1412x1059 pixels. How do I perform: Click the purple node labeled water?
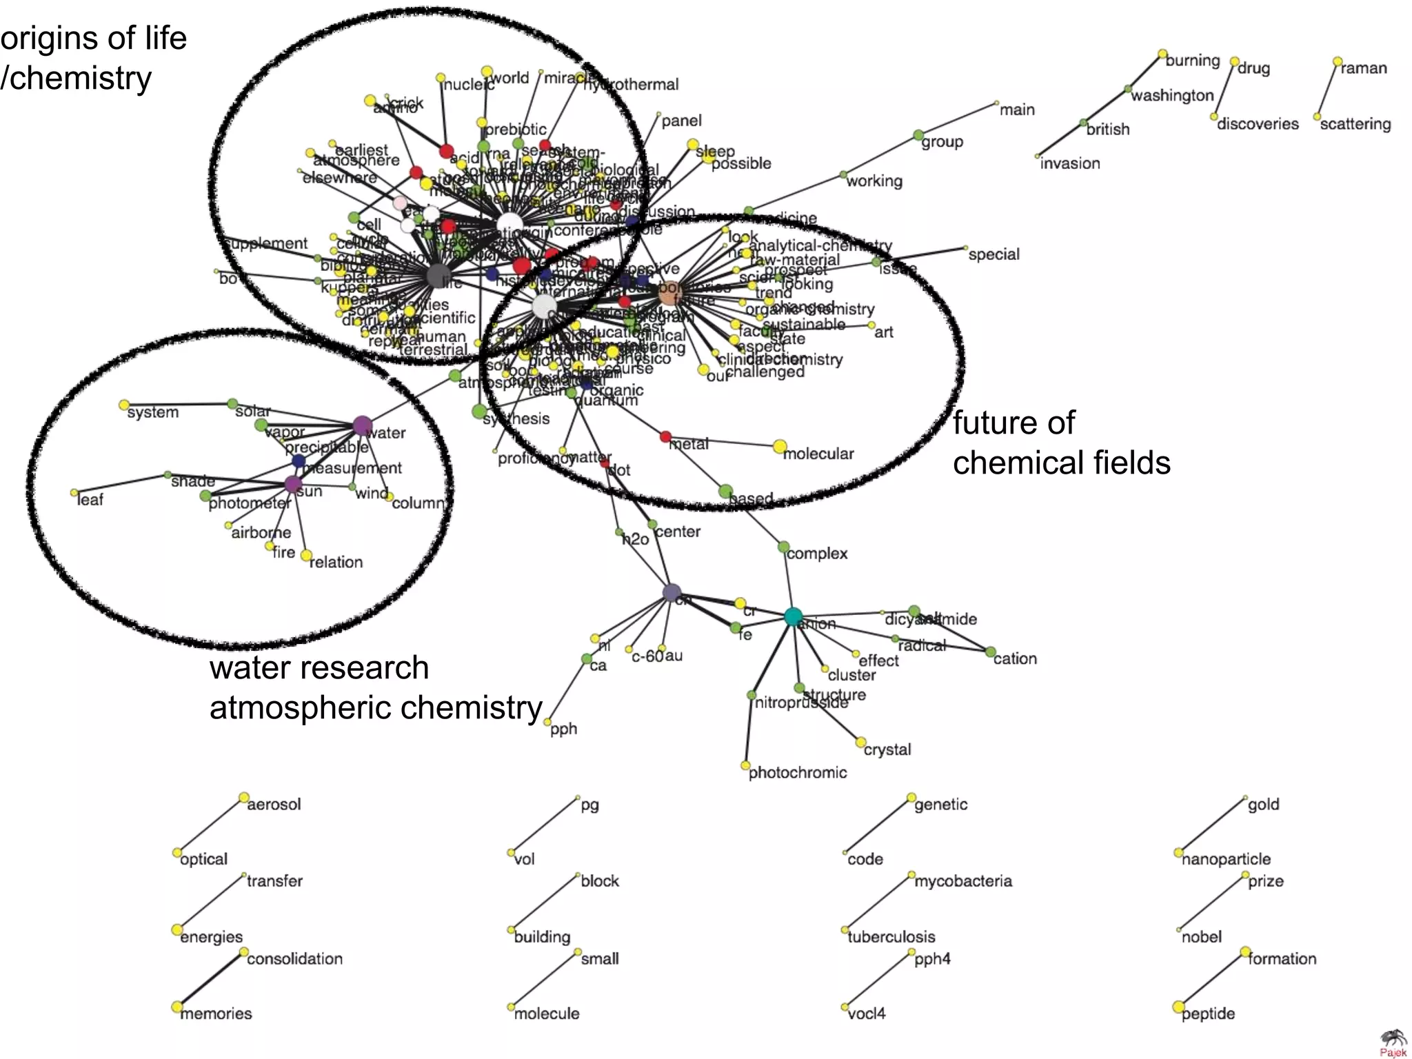coord(362,426)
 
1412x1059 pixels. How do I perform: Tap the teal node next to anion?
coord(794,616)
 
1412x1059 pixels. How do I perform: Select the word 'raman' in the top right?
coord(1363,68)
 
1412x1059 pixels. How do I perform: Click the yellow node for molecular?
coord(780,447)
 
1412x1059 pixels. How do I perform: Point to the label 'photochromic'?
coord(798,773)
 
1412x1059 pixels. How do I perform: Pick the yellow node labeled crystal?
coord(860,743)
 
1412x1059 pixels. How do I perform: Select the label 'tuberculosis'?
coord(891,937)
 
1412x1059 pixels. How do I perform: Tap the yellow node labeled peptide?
coord(1179,1007)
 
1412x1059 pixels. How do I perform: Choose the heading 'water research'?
coord(319,667)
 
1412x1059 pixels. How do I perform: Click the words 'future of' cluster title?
coord(1013,423)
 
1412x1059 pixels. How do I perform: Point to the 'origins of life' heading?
coord(94,38)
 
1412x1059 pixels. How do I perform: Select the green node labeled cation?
coord(991,652)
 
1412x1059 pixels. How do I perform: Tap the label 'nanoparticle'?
coord(1226,859)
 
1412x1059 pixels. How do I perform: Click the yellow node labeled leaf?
coord(74,493)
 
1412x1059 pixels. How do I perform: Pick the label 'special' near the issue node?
coord(994,254)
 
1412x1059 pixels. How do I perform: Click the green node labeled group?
coord(918,135)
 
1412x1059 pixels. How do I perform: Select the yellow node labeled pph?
coord(547,722)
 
